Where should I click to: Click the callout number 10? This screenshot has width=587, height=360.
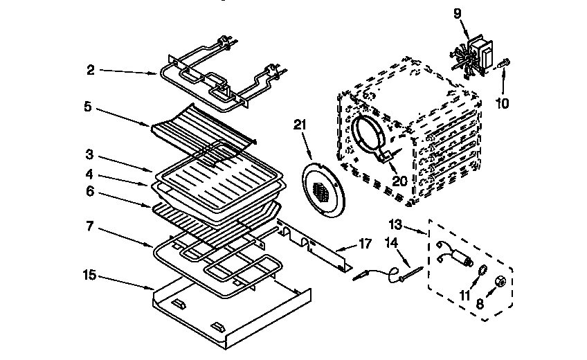coord(502,104)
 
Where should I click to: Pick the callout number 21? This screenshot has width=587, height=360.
coord(300,125)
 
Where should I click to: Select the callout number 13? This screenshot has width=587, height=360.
coord(395,225)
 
